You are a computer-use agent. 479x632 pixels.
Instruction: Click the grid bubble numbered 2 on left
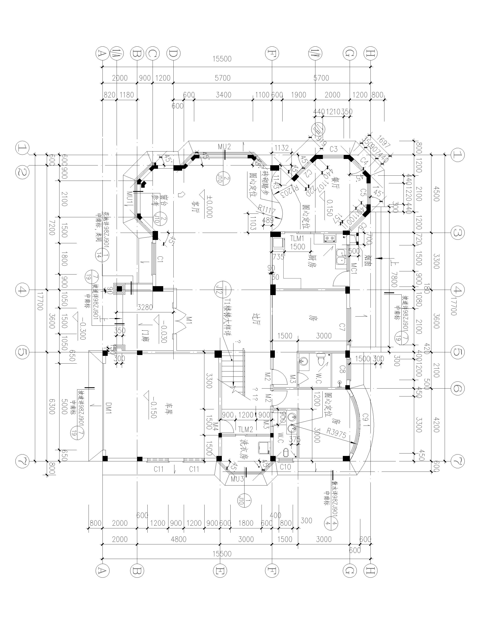22,172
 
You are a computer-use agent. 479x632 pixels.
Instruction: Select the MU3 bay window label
237,479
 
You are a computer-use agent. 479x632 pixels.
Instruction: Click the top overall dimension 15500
222,59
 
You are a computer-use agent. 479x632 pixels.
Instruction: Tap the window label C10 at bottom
285,467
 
